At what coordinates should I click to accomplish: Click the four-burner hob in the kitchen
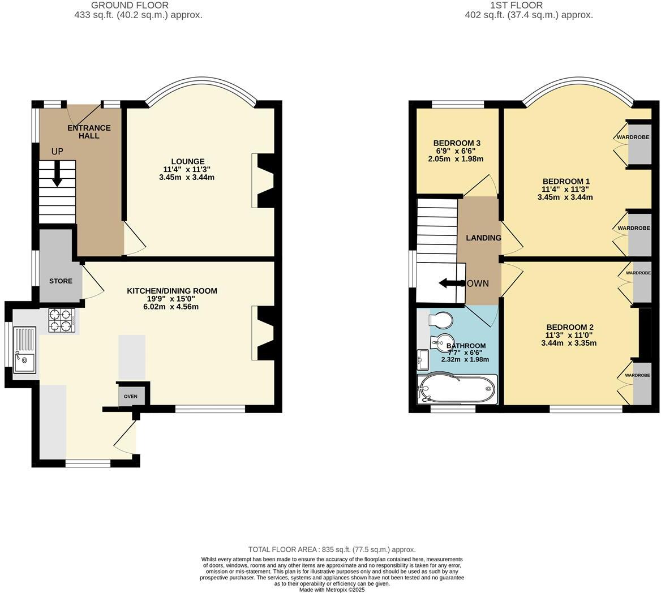pos(62,320)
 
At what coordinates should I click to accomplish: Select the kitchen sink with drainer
pos(24,351)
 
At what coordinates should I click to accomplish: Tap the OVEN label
pos(131,396)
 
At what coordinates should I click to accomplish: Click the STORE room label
pos(61,281)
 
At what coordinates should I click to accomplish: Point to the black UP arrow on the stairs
pos(57,174)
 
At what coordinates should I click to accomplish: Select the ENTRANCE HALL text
pos(89,132)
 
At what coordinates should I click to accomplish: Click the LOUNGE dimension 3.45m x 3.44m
pos(187,177)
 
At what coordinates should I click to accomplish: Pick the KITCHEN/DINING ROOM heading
pos(171,291)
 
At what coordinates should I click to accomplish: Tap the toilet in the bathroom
pos(441,320)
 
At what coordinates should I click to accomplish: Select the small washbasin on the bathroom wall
pos(422,357)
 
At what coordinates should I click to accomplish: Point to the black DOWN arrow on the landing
pos(450,283)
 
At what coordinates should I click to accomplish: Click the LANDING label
pos(483,238)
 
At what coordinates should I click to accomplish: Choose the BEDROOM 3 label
pos(457,143)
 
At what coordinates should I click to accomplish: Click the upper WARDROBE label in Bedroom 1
pos(633,137)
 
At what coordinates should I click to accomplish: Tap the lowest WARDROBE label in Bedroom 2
pos(637,375)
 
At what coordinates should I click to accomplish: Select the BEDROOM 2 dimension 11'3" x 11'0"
pos(569,335)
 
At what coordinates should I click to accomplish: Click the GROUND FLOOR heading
pos(138,5)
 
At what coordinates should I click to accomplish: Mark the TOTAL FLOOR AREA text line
pos(332,549)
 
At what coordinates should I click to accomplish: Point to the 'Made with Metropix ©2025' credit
pos(332,590)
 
